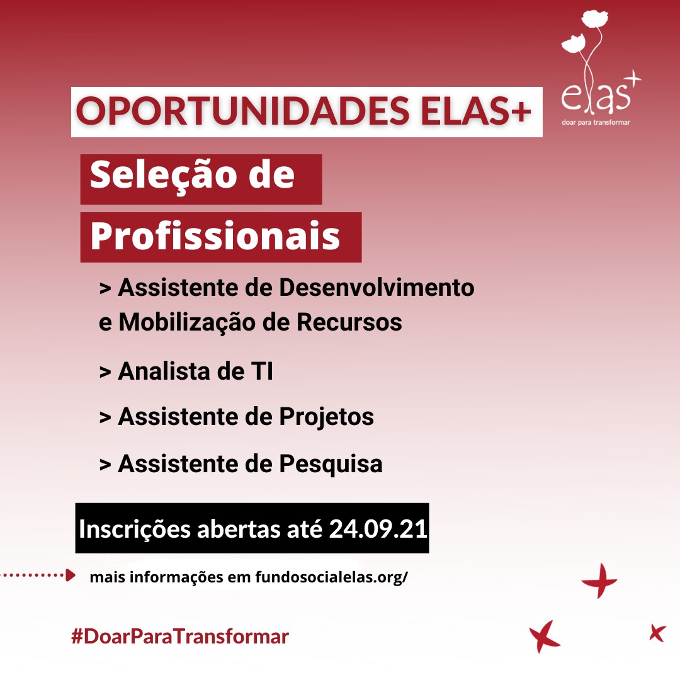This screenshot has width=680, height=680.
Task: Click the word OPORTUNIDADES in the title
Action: (242, 111)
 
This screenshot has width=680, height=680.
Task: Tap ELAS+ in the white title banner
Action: (476, 111)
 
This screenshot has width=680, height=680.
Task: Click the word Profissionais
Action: (215, 235)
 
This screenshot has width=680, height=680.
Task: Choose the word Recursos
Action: (349, 322)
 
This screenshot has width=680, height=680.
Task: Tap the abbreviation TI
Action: (262, 371)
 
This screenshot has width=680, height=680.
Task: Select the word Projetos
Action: (326, 417)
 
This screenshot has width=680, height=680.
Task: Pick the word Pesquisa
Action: (331, 464)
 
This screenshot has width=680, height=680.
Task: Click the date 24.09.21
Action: (378, 529)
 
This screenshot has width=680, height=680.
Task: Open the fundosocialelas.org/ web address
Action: (331, 577)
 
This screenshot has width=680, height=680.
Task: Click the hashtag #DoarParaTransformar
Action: (180, 637)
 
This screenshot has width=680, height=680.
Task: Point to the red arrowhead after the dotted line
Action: (71, 575)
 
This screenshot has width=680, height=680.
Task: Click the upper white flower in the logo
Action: (594, 18)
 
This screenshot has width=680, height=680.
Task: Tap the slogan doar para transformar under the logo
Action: (596, 122)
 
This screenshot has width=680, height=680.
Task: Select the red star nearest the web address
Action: (600, 581)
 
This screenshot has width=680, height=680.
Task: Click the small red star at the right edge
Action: (657, 633)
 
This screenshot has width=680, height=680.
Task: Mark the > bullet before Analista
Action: (105, 372)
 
